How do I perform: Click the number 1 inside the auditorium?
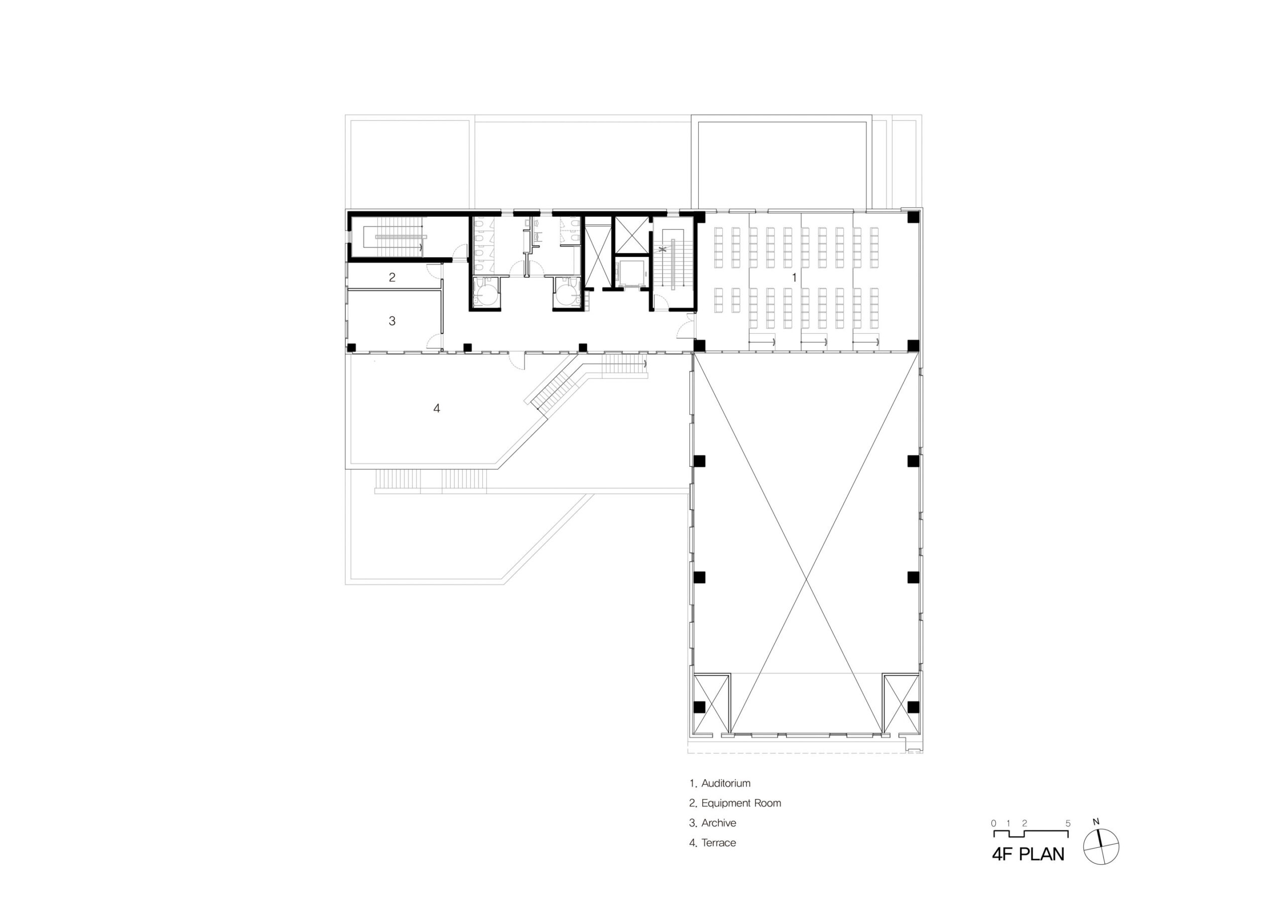click(x=794, y=278)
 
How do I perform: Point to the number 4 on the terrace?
click(x=437, y=409)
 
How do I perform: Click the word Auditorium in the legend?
click(x=726, y=783)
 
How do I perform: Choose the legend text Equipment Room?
click(x=741, y=803)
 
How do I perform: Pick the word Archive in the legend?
click(x=719, y=823)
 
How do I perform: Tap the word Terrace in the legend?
click(x=719, y=843)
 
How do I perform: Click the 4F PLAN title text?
click(x=1028, y=855)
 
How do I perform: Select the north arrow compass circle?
click(x=1101, y=847)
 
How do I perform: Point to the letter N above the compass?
click(x=1096, y=822)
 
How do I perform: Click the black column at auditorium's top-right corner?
click(x=913, y=217)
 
